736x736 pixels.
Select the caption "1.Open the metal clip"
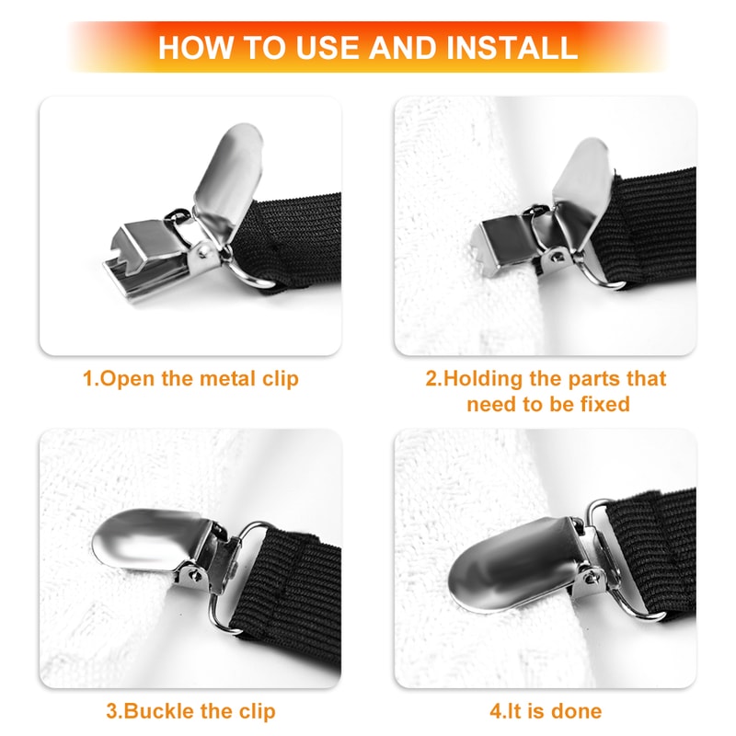click(190, 378)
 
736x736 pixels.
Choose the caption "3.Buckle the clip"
click(190, 711)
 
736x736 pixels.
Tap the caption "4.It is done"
click(546, 711)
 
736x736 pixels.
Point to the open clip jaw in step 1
click(138, 253)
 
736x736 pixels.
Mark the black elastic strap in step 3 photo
click(294, 580)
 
